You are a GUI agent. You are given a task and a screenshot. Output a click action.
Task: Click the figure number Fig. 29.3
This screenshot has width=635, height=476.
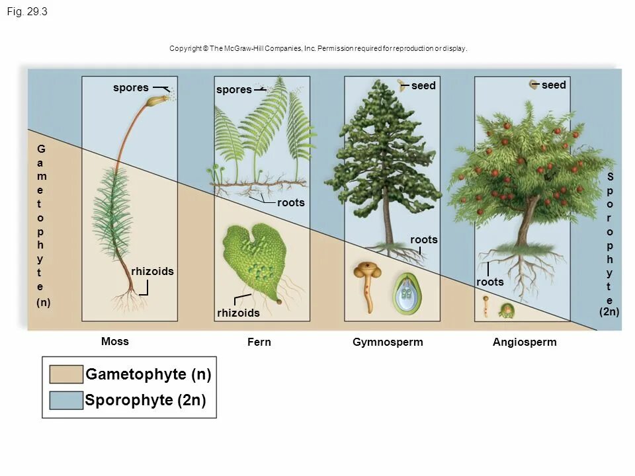click(x=27, y=12)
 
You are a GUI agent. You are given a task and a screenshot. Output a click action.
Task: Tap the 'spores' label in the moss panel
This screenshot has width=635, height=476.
click(x=131, y=87)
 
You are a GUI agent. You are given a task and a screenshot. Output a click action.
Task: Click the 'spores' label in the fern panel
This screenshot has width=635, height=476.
click(x=234, y=89)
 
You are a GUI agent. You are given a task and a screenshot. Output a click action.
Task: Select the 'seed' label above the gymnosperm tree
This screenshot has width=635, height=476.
click(x=423, y=86)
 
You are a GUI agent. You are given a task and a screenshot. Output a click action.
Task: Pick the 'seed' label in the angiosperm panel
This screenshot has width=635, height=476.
click(x=554, y=85)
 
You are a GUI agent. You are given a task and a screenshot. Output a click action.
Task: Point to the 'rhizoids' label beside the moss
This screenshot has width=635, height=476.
click(x=152, y=271)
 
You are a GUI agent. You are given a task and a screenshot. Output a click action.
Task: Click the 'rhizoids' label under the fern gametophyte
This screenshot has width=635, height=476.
click(x=238, y=313)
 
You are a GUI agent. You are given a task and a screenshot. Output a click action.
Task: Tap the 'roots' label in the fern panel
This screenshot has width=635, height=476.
click(x=291, y=202)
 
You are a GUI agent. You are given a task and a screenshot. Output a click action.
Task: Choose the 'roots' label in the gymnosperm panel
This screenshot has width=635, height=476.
click(x=423, y=239)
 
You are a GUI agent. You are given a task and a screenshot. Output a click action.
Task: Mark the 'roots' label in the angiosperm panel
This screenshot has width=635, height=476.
click(x=490, y=282)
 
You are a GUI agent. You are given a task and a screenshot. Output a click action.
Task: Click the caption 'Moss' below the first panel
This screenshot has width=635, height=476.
click(x=115, y=341)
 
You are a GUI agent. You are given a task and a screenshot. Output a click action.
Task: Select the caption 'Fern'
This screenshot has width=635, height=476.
click(x=259, y=342)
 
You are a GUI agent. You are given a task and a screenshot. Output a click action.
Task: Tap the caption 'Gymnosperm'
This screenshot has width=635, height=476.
click(x=388, y=342)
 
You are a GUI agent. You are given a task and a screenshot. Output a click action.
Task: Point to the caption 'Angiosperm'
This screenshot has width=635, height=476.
click(x=525, y=342)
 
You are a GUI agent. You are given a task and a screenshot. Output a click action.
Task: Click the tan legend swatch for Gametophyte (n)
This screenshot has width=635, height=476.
click(x=66, y=374)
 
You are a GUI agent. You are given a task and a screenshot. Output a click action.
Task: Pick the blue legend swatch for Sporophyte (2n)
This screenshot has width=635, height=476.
click(x=66, y=401)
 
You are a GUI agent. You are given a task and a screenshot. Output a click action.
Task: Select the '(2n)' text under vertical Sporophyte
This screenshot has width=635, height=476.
click(x=609, y=311)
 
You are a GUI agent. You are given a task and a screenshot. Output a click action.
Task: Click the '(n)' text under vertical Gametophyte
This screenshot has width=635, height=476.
click(x=43, y=302)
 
